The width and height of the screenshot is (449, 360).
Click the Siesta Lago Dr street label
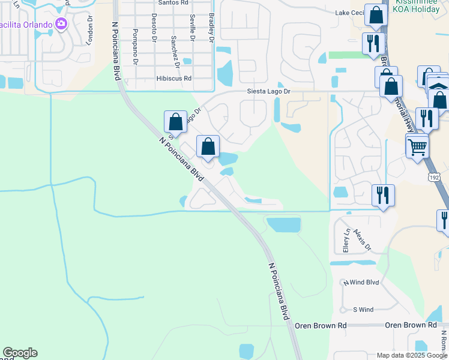click(x=270, y=92)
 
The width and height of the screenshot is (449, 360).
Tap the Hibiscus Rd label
click(x=173, y=79)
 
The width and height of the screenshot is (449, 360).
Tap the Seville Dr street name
click(x=191, y=27)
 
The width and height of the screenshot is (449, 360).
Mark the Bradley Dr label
click(x=211, y=28)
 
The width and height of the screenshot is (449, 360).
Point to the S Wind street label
click(x=363, y=310)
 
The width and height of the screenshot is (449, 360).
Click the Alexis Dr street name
click(x=363, y=239)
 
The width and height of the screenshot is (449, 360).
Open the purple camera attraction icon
click(x=61, y=24)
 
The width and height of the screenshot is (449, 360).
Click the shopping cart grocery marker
click(x=417, y=146)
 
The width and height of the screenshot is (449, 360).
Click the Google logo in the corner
click(x=20, y=353)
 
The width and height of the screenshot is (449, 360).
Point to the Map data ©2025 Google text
click(x=412, y=355)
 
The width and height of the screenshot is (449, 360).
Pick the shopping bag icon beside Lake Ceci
click(x=376, y=16)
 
